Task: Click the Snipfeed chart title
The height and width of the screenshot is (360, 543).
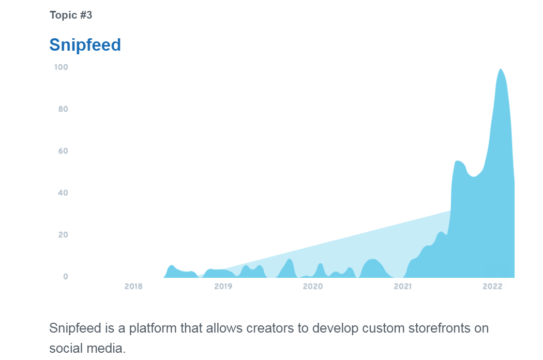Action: click(x=85, y=45)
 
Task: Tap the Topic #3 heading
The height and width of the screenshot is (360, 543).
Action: click(x=71, y=15)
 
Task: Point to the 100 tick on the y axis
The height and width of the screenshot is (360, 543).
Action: click(x=61, y=67)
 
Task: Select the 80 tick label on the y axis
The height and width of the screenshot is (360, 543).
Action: click(x=63, y=109)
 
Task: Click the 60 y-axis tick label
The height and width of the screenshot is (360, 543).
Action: click(x=63, y=151)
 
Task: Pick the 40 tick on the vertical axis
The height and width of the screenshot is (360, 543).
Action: click(x=63, y=193)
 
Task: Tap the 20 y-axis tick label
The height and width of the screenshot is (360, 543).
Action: click(x=63, y=235)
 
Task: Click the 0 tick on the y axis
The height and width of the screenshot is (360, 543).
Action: click(x=66, y=277)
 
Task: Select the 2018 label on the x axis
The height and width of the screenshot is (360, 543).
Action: click(x=133, y=287)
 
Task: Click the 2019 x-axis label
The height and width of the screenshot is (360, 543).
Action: click(x=223, y=287)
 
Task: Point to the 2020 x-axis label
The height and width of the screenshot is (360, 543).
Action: click(x=313, y=287)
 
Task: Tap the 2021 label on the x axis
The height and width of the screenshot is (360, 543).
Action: click(x=403, y=287)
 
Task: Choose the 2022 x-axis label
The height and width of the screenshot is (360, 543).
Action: click(x=492, y=287)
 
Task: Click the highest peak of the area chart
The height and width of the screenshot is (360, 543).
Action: click(x=500, y=69)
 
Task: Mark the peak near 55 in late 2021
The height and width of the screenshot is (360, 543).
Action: click(x=458, y=161)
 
